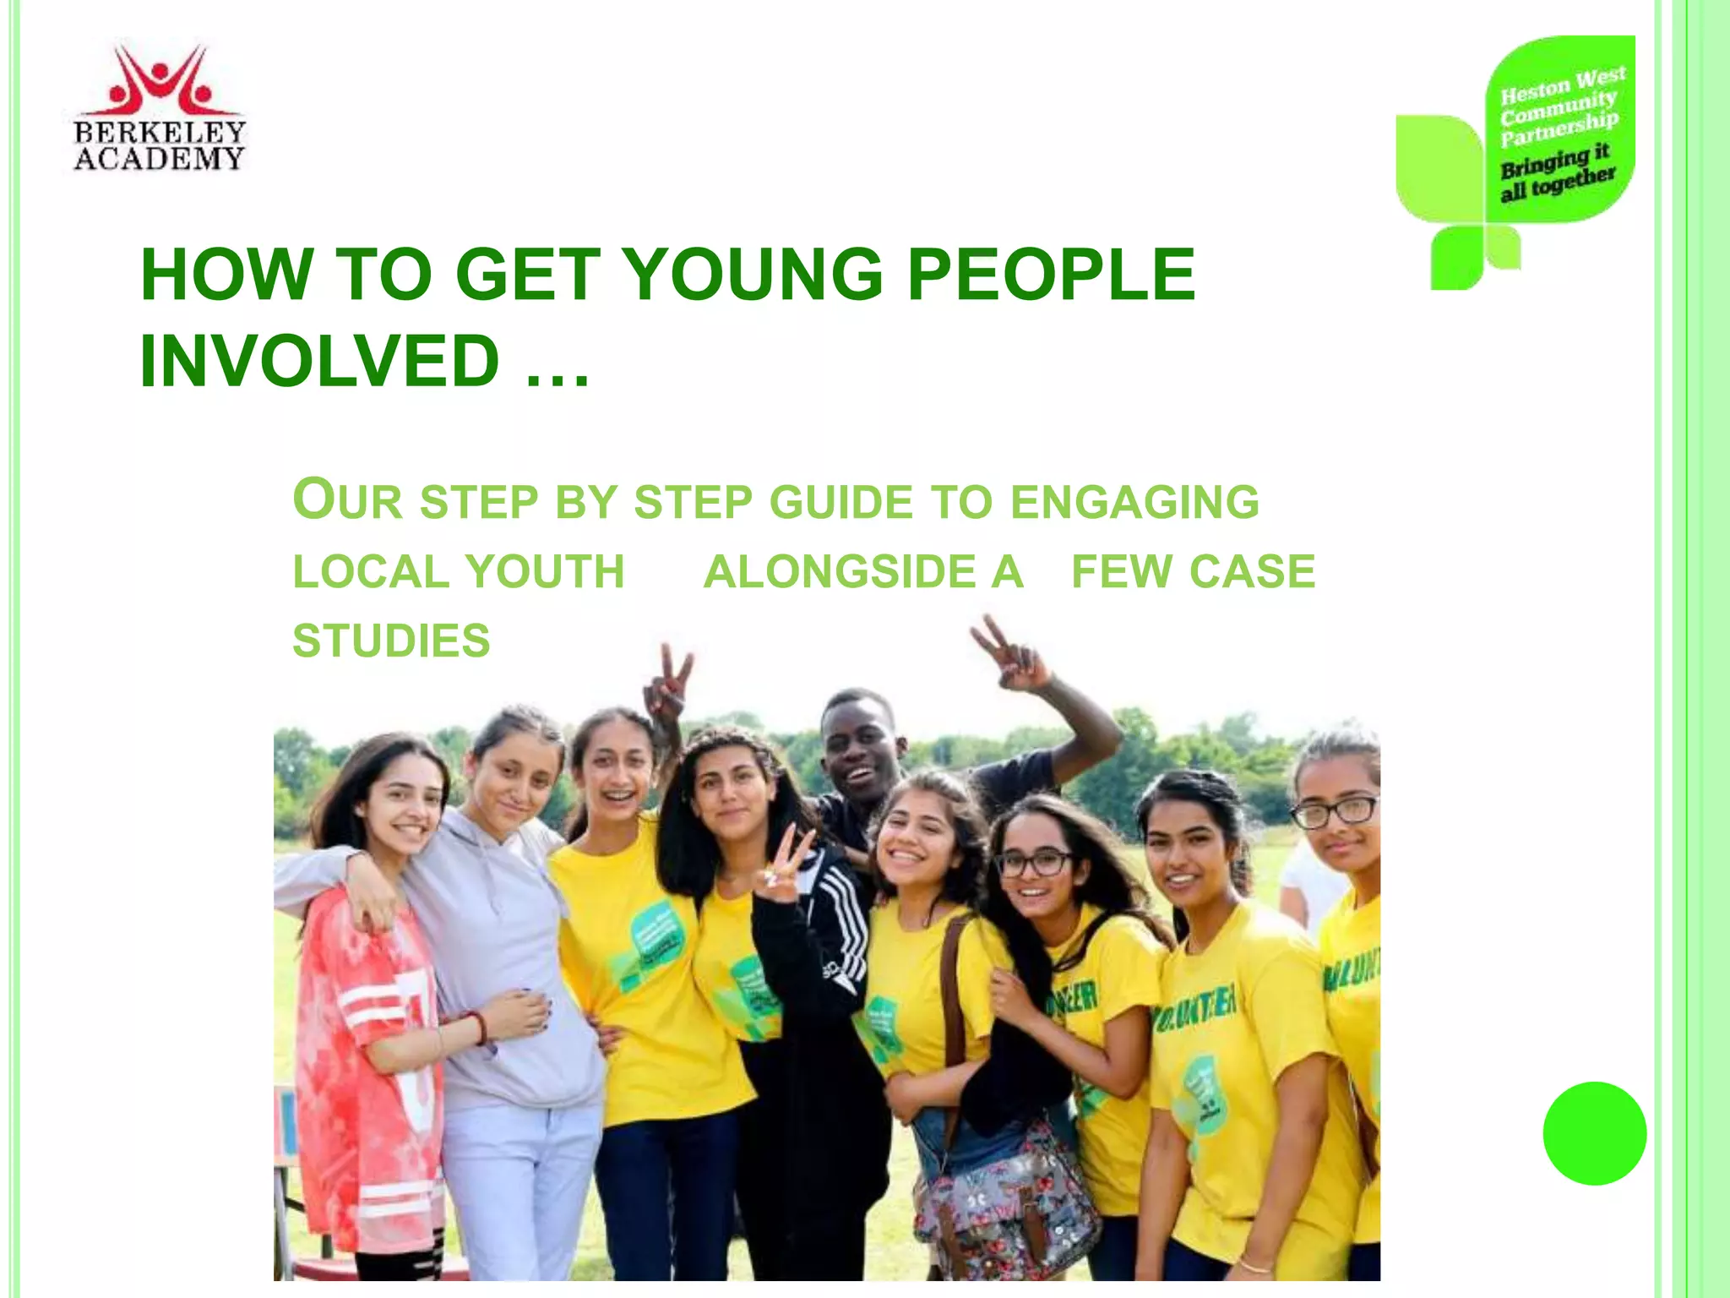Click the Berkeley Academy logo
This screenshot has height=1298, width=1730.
point(159,108)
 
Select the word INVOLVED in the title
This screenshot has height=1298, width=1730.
point(320,361)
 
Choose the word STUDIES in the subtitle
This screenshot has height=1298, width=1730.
point(391,641)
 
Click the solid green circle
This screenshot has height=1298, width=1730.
point(1594,1133)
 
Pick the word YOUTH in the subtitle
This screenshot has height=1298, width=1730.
point(545,571)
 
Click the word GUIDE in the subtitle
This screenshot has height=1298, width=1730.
point(841,502)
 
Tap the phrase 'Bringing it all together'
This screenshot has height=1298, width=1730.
point(1557,172)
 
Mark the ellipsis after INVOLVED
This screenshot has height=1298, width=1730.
point(557,372)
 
